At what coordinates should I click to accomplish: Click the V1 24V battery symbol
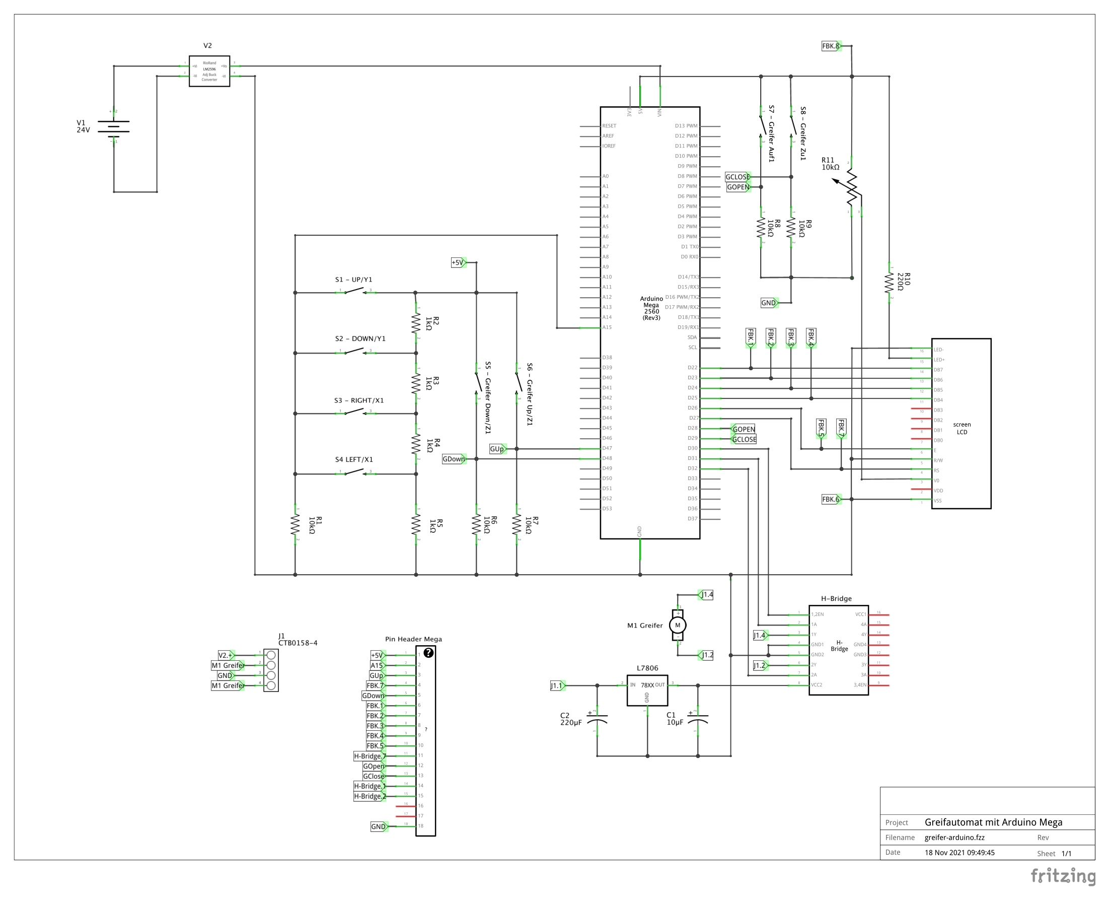113,129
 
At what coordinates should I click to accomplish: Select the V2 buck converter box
209,71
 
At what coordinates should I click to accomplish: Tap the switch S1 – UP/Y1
355,292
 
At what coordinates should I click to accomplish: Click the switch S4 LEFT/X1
355,472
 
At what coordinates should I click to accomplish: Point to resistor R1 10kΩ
295,525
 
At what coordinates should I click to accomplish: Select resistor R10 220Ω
890,283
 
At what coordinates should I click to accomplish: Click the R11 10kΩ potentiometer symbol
852,189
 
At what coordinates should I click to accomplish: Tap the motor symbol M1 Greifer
678,625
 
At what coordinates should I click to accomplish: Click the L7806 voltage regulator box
647,689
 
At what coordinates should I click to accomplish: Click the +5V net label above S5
458,262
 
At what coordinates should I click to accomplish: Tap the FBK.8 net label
831,46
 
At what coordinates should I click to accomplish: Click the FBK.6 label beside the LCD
831,499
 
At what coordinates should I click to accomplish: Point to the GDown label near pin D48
454,459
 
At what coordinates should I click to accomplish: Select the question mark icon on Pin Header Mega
428,653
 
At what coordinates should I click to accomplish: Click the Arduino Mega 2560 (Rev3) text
651,308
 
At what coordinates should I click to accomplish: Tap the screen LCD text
962,428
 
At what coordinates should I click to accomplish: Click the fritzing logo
1063,876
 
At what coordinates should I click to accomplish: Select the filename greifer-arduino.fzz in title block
954,837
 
